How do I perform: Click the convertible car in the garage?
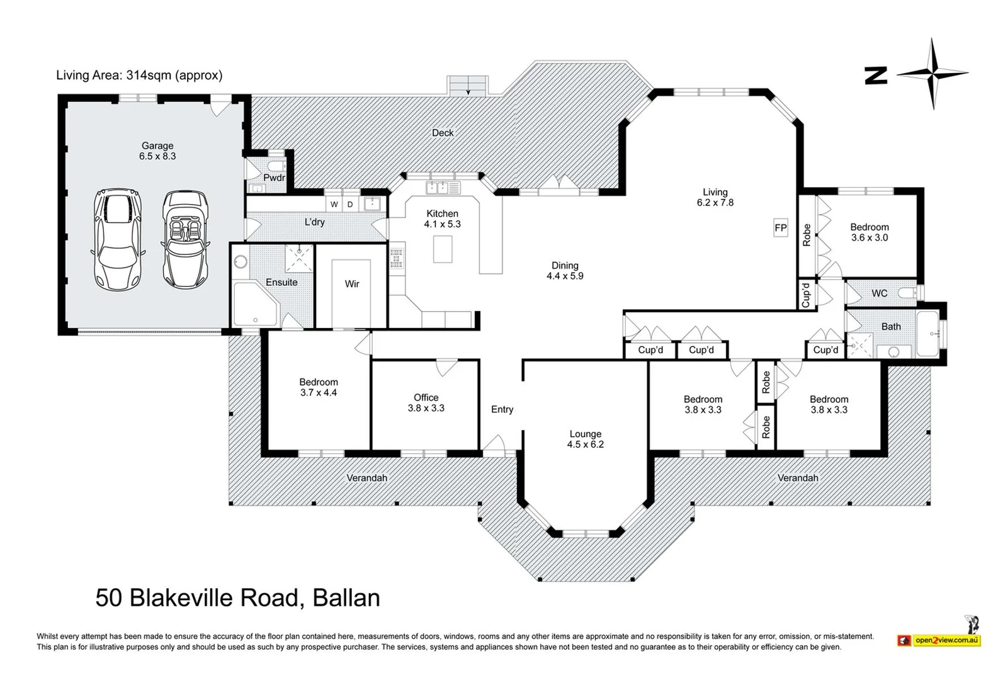(183, 239)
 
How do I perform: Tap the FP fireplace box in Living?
(780, 228)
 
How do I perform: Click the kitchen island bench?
(443, 249)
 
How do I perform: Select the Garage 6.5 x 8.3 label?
(157, 151)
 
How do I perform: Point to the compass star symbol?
(932, 74)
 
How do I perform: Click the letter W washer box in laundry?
(334, 205)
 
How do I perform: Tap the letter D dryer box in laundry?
(350, 205)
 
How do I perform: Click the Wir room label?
(352, 284)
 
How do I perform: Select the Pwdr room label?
(274, 178)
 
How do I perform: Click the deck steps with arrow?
(468, 86)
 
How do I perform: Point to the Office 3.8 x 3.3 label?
(426, 402)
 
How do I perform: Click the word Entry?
(502, 409)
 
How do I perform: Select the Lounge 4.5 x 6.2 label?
(585, 439)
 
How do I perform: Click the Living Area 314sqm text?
(139, 76)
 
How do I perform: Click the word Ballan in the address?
(346, 598)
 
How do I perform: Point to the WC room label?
(879, 293)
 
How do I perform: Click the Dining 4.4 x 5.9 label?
(565, 271)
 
